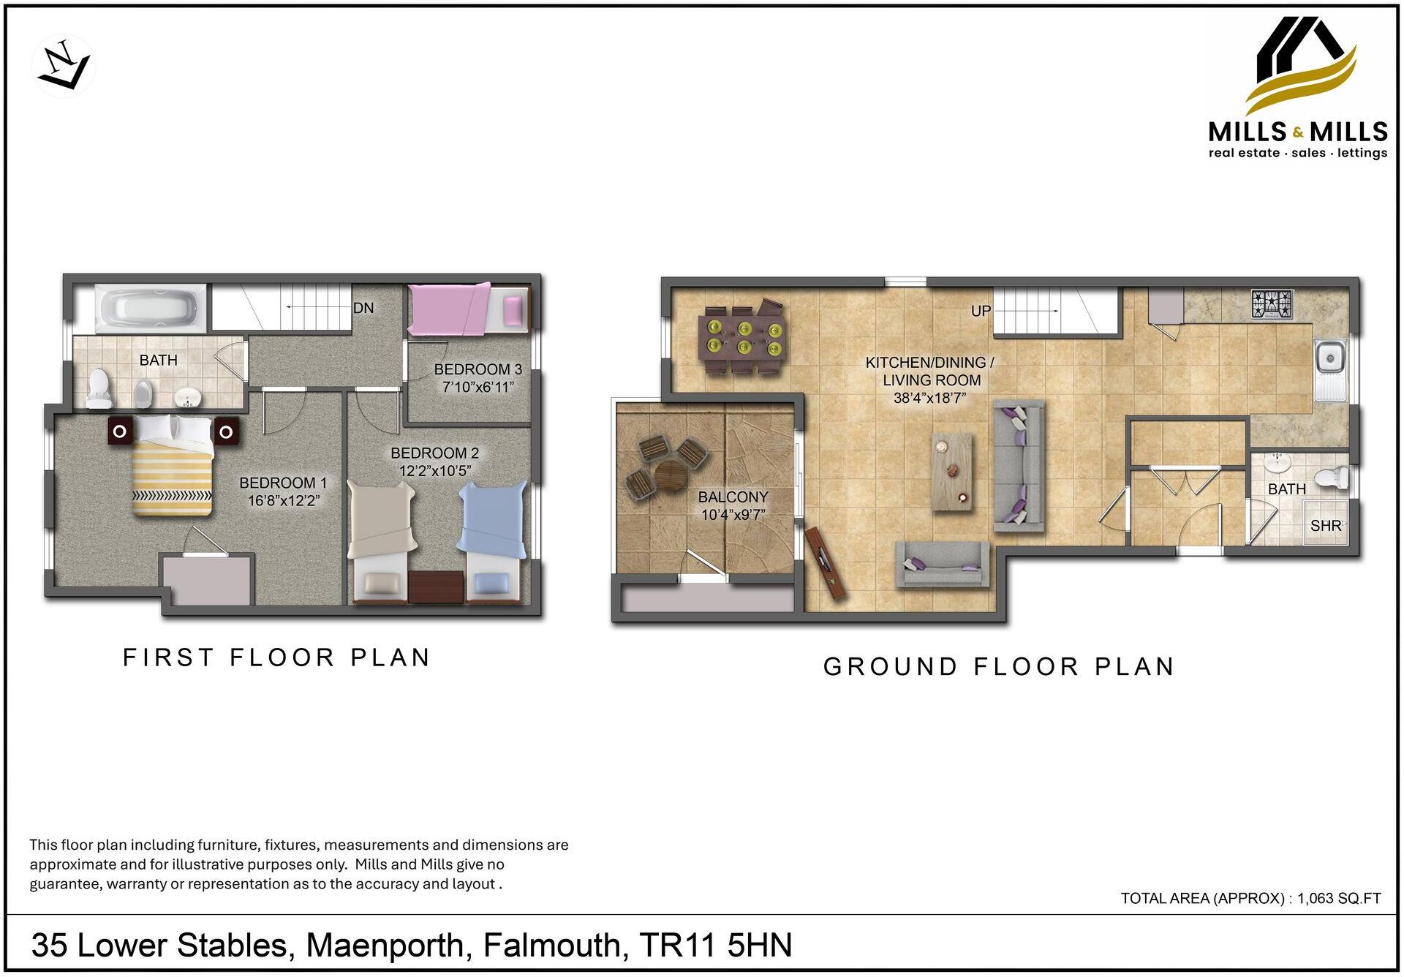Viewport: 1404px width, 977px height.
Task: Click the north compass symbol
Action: click(64, 66)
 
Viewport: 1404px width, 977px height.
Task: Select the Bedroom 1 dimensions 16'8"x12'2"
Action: click(284, 501)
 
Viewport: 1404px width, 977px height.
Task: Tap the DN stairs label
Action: click(363, 308)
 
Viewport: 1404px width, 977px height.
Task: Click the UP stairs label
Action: click(981, 311)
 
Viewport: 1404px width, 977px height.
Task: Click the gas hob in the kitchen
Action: click(1272, 304)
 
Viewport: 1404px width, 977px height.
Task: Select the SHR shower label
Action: click(1325, 525)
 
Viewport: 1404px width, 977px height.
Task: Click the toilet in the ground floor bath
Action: click(1332, 479)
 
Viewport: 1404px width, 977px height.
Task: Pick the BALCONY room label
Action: click(733, 497)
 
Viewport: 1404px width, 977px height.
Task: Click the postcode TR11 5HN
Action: click(715, 945)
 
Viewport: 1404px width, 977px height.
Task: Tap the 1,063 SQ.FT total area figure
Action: click(1339, 899)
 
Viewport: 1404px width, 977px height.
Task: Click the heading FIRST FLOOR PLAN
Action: click(276, 657)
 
